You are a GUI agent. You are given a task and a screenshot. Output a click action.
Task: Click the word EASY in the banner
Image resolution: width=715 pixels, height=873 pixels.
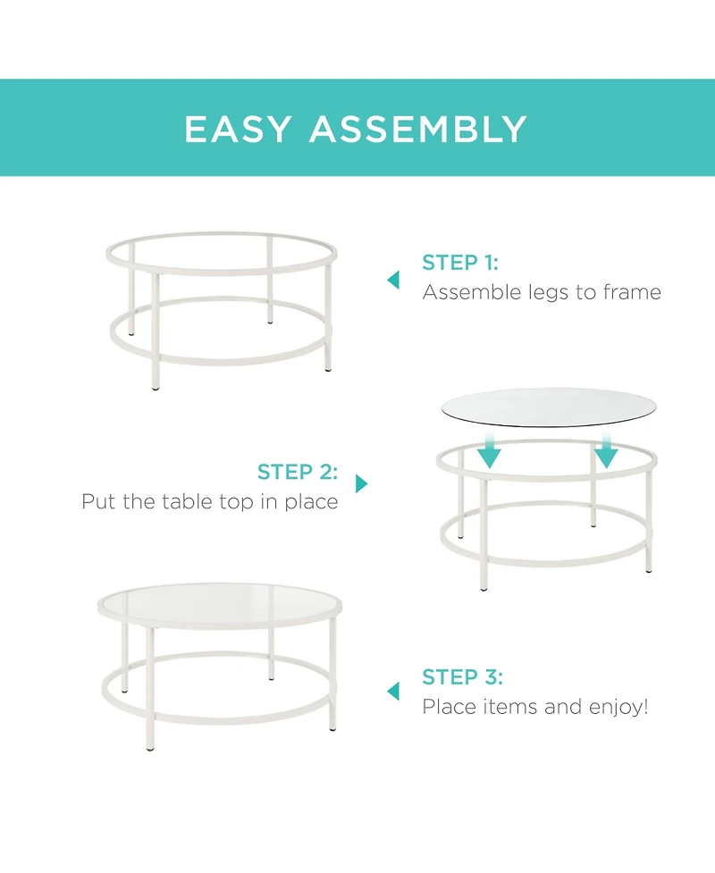coord(238,130)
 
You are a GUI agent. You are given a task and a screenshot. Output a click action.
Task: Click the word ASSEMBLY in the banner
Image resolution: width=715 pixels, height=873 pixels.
coord(418,130)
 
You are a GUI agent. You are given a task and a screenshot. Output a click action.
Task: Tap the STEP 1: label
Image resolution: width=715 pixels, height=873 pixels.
coord(460,263)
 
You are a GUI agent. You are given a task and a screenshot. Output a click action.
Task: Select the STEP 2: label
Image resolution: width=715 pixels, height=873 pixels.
coord(298,472)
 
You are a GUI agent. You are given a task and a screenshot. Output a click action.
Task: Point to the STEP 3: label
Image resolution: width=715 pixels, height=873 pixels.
coord(462,677)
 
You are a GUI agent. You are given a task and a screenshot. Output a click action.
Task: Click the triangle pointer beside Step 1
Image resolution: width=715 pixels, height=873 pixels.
coord(393,281)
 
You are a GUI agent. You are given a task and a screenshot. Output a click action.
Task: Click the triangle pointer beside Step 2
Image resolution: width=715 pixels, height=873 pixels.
coord(361,483)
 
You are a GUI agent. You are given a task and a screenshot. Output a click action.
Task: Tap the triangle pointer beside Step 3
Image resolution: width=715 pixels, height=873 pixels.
coord(393,691)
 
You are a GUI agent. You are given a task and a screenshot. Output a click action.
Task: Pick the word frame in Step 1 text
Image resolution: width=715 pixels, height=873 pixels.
coord(630,292)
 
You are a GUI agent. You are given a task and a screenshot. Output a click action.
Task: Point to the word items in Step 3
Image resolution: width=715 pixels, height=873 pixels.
coord(511,707)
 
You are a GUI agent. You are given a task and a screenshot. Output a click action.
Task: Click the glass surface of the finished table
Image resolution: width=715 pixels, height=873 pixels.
coord(219,606)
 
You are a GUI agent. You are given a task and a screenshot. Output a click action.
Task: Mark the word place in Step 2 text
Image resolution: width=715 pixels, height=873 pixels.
coord(311,502)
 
